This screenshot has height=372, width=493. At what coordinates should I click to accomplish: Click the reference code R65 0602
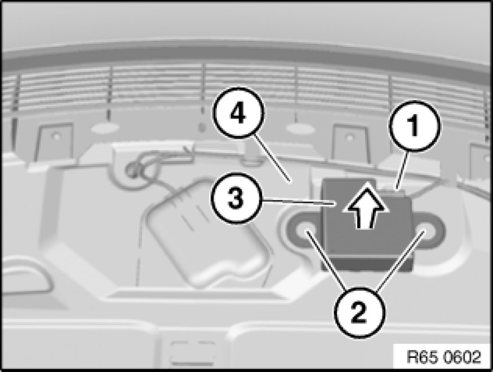[x=444, y=357]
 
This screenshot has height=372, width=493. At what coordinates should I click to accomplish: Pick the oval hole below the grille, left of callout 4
[x=105, y=128]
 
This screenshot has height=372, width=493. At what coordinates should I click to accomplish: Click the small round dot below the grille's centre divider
[x=202, y=128]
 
